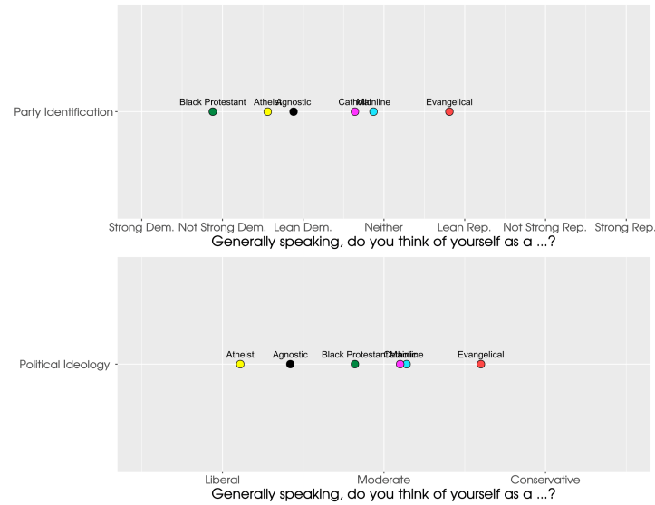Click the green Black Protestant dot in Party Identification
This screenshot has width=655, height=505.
click(x=213, y=111)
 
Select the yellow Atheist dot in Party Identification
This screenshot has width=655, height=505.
click(x=267, y=111)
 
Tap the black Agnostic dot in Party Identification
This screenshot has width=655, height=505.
click(x=294, y=111)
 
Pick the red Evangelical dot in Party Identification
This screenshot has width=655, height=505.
click(x=449, y=111)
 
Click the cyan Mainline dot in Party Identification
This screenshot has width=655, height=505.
click(x=373, y=111)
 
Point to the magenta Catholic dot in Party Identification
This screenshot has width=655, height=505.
click(x=355, y=111)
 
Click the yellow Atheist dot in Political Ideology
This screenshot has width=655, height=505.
click(x=240, y=364)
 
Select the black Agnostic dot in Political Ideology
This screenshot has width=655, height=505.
click(x=290, y=364)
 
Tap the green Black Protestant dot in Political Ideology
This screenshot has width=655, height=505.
click(x=355, y=364)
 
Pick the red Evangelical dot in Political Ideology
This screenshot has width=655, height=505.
click(x=481, y=364)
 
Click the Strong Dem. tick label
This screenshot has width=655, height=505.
click(x=141, y=227)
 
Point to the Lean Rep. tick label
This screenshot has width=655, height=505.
click(x=464, y=227)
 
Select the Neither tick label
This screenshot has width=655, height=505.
click(x=384, y=227)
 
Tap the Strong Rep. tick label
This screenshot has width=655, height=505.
click(x=625, y=227)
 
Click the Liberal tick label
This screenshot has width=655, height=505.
click(x=222, y=480)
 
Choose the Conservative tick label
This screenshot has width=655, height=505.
click(x=544, y=480)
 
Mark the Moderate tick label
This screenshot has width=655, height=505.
click(x=384, y=480)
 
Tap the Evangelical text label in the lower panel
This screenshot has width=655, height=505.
click(x=481, y=355)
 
